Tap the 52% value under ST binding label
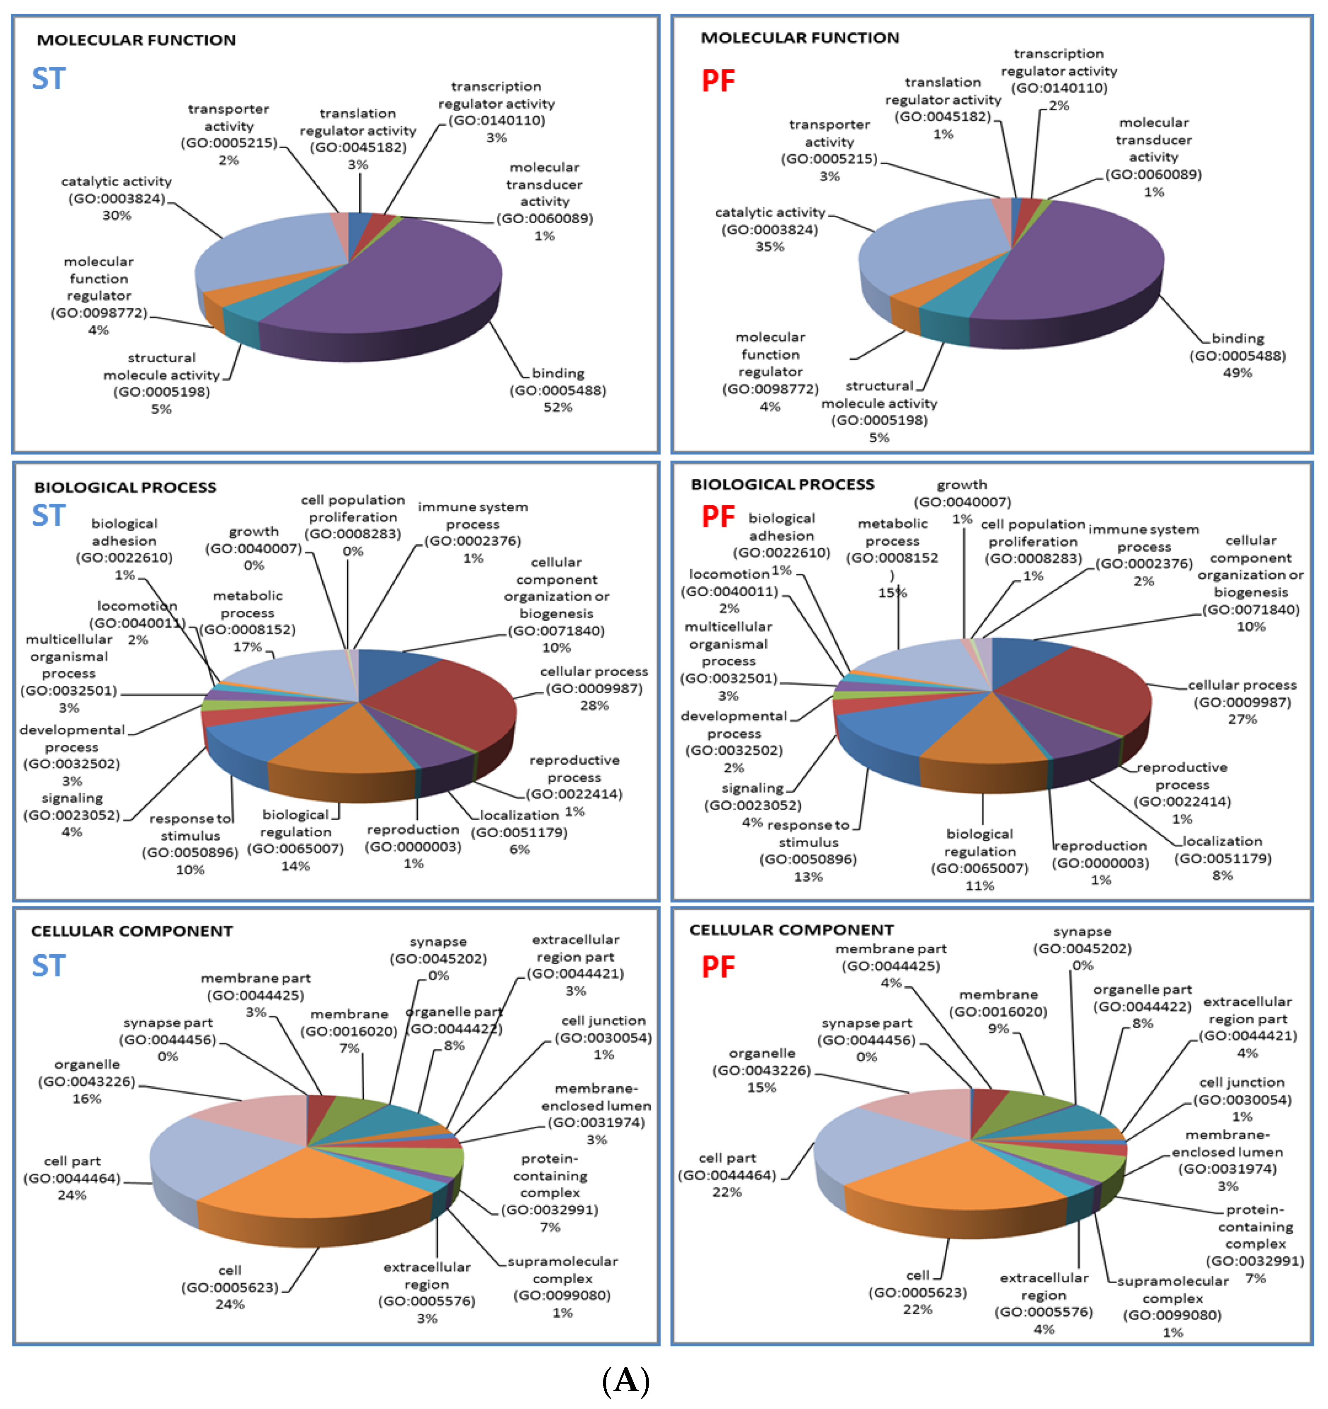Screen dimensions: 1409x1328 coord(558,407)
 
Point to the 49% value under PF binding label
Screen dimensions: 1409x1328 coord(1237,373)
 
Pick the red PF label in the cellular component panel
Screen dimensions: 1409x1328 coord(718,968)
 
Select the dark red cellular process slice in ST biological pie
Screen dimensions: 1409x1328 coord(454,702)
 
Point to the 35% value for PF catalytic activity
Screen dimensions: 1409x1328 coord(770,246)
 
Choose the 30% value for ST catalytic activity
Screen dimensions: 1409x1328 coord(117,215)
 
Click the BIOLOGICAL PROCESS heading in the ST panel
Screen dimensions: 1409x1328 coord(125,488)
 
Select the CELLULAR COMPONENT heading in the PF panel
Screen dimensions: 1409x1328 coord(792,930)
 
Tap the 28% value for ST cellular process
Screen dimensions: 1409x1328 coord(594,706)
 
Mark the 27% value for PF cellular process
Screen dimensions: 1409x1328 coord(1242,719)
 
